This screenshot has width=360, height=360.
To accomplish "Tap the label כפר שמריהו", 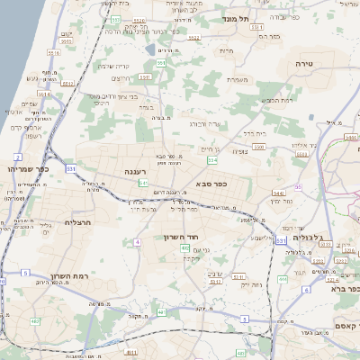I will pos(26,169).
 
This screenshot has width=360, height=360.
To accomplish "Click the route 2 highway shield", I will pos(17,157).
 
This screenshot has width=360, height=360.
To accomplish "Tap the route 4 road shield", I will pos(137,242).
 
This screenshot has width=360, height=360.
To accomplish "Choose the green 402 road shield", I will pos(185,247).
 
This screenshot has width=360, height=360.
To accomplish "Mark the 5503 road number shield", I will pos(259,144).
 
